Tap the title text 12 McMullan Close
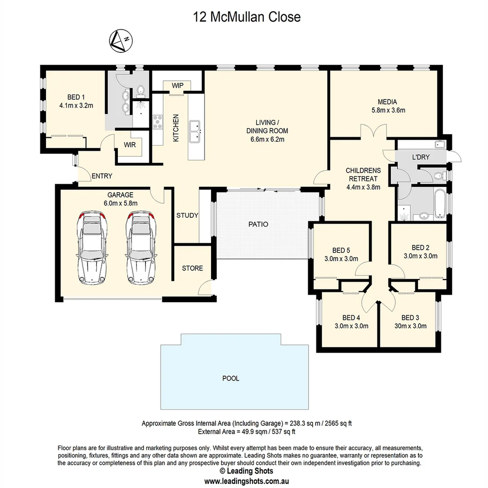tap(246, 17)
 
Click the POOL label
tap(230, 378)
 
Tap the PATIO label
tap(258, 224)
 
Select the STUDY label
tap(187, 215)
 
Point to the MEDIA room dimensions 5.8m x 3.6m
tap(388, 110)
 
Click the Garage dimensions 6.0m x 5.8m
tap(120, 203)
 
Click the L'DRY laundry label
tap(421, 157)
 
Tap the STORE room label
tap(192, 268)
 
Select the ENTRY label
tap(102, 176)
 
